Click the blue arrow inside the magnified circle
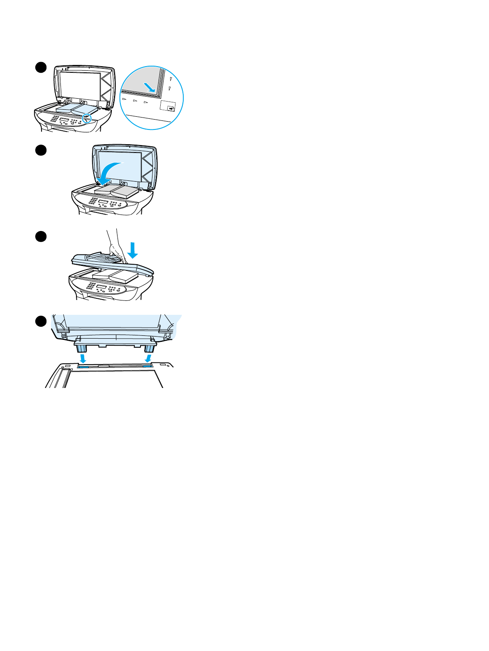[149, 87]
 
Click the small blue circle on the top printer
[86, 118]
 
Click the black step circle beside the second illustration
[40, 150]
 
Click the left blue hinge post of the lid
[81, 348]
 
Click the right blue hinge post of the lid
[150, 348]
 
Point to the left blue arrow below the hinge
[83, 359]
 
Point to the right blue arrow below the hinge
[148, 359]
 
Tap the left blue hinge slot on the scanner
[83, 365]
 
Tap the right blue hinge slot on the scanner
[147, 365]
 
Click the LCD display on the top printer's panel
[65, 120]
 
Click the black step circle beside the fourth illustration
[40, 321]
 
